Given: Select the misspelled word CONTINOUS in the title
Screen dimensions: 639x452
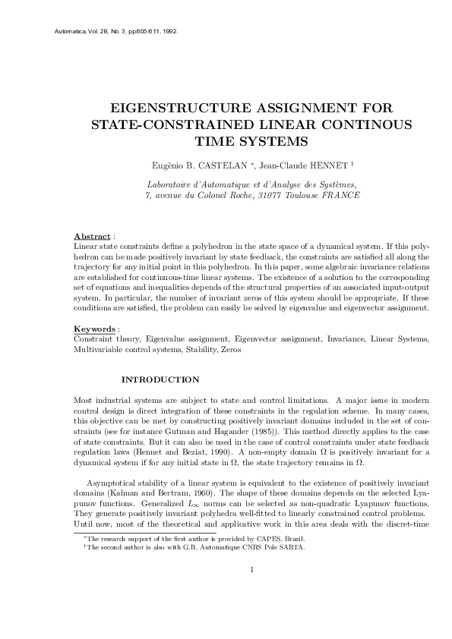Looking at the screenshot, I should click(374, 124).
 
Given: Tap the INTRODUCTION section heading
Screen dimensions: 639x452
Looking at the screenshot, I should click(160, 379).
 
